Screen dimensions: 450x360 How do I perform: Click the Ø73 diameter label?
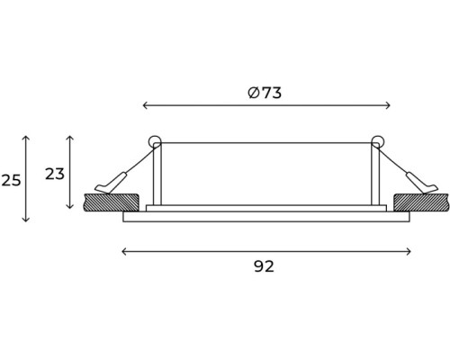click(265, 93)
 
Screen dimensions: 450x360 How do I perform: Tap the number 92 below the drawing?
click(264, 266)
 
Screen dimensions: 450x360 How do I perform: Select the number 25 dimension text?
click(11, 180)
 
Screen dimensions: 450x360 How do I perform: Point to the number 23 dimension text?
click(55, 174)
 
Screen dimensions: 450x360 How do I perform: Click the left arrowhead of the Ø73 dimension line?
click(144, 105)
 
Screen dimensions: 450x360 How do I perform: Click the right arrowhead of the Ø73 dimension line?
click(388, 105)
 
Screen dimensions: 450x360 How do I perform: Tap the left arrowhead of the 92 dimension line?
click(123, 251)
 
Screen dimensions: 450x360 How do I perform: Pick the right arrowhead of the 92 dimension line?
click(409, 251)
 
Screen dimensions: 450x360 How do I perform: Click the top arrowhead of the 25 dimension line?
click(26, 138)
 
